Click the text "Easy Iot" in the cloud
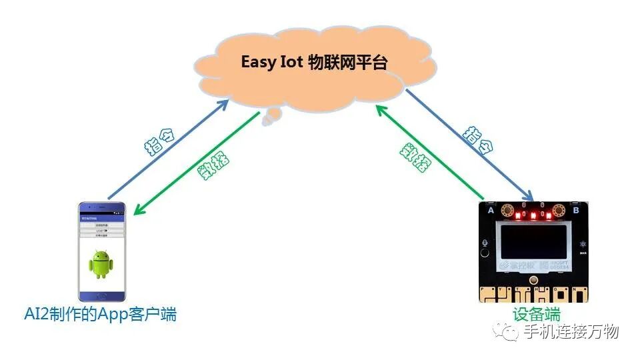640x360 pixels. point(271,62)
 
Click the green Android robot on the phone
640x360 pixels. point(101,264)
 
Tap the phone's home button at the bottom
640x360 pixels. point(101,295)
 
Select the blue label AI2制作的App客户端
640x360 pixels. point(100,314)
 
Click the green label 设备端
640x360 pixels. point(536,315)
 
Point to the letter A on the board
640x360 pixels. point(491,211)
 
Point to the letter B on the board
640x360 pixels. point(576,211)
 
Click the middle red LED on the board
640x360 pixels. point(533,216)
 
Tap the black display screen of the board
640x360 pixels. point(533,249)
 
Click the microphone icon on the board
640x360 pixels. point(488,244)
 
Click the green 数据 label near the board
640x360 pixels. point(415,159)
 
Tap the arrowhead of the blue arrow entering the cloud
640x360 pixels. point(224,103)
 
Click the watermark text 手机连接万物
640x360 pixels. point(571,331)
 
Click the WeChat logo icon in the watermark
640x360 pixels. point(510,331)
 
